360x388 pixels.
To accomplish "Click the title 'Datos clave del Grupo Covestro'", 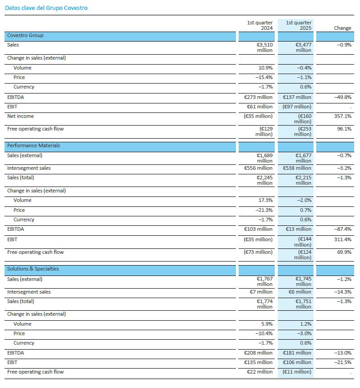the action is click(46, 8).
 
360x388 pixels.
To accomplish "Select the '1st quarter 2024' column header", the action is click(260, 25).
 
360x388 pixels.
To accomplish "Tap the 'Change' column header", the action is click(342, 28).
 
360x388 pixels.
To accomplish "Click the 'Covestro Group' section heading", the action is click(25, 35).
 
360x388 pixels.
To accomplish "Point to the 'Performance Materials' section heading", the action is click(33, 145).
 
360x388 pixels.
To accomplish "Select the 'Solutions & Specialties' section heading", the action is click(33, 269).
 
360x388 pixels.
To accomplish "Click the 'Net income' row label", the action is click(20, 116).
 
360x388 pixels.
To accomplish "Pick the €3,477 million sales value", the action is click(303, 47).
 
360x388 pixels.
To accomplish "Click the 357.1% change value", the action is click(343, 116).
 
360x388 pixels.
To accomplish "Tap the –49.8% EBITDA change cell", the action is click(343, 97).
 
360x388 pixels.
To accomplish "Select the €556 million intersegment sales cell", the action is click(258, 168).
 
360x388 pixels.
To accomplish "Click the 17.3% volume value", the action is click(266, 200).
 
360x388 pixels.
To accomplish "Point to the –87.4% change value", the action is click(343, 229).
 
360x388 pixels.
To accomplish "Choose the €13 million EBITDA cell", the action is click(299, 229).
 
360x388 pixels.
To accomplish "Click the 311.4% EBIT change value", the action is click(343, 239).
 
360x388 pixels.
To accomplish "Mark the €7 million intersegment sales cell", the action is click(261, 292).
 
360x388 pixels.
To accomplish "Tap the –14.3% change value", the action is click(343, 292).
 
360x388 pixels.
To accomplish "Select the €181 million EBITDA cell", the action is click(297, 353).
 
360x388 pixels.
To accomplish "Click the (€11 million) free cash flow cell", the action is click(297, 372).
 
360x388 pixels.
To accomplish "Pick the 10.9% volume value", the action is click(266, 68).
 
